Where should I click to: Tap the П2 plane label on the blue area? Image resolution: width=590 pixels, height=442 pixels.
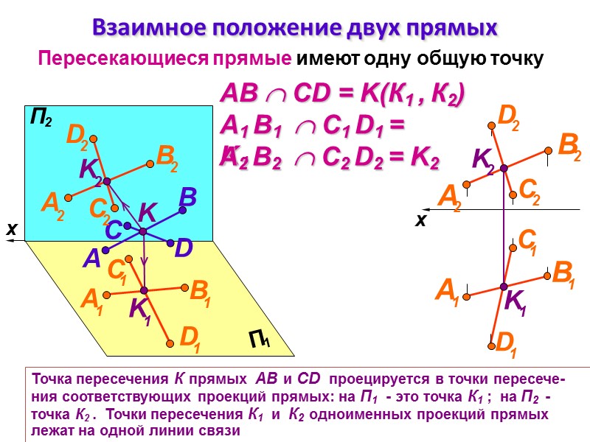(41, 117)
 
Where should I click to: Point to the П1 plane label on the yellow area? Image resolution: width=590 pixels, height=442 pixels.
(259, 340)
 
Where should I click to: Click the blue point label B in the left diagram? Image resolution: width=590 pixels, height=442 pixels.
(187, 197)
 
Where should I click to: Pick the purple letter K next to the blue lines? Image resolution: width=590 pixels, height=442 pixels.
(147, 214)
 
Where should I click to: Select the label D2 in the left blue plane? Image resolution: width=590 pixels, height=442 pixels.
(77, 135)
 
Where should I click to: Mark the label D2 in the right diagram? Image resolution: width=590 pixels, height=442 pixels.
(508, 116)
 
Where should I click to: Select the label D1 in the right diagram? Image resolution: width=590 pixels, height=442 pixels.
(505, 343)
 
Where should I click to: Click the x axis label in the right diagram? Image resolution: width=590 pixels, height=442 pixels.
(421, 220)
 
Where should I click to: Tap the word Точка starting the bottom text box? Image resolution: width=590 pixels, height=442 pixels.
(47, 380)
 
